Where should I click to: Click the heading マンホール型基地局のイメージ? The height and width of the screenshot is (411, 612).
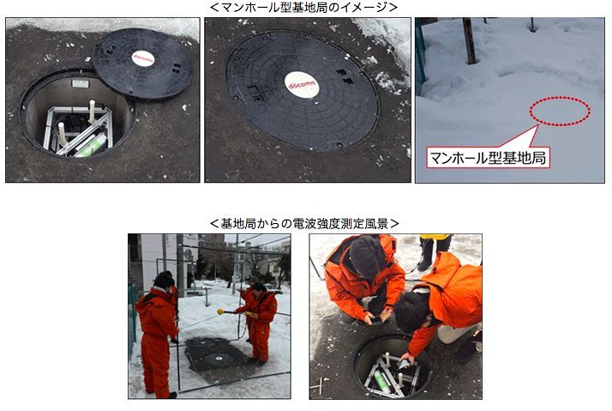304,8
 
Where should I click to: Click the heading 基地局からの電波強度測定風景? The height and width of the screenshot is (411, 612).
304,224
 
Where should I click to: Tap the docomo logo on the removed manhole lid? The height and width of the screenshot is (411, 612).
143,58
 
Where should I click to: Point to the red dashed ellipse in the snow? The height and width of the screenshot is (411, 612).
560,111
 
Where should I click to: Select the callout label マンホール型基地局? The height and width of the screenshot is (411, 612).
488,158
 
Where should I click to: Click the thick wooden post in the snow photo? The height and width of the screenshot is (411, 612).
469,40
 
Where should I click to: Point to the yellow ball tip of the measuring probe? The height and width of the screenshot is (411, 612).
220,311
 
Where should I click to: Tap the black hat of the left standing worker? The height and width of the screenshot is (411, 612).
165,280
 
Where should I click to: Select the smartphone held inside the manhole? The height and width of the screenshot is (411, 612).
404,364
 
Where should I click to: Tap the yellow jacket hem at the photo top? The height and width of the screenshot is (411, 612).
435,237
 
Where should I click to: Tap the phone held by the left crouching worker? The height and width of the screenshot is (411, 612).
376,319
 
